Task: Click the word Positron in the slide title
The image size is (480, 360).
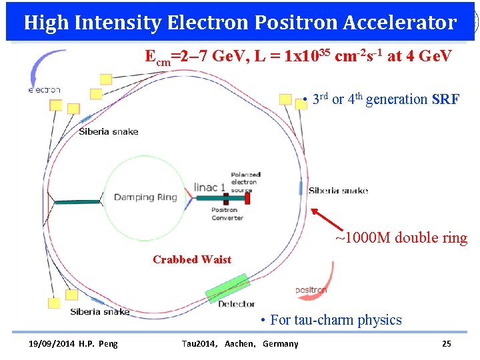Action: pyautogui.click(x=297, y=23)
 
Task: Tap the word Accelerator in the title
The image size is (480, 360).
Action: pyautogui.click(x=401, y=23)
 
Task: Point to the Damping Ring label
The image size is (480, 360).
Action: pyautogui.click(x=145, y=197)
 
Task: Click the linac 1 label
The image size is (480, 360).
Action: pyautogui.click(x=209, y=187)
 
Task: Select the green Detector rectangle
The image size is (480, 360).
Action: pyautogui.click(x=226, y=287)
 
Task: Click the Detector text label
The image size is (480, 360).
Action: pyautogui.click(x=237, y=304)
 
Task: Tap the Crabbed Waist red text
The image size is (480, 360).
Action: pyautogui.click(x=192, y=259)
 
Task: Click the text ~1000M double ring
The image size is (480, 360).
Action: pyautogui.click(x=401, y=238)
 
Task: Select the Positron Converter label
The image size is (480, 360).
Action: pyautogui.click(x=227, y=214)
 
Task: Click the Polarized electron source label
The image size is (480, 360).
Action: pyautogui.click(x=245, y=182)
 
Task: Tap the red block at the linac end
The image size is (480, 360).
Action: pyautogui.click(x=248, y=197)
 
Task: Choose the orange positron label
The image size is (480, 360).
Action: pyautogui.click(x=311, y=291)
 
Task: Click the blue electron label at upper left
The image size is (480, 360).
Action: pyautogui.click(x=44, y=90)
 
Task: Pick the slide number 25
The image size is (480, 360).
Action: pyautogui.click(x=447, y=344)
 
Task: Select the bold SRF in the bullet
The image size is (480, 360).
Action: pyautogui.click(x=445, y=100)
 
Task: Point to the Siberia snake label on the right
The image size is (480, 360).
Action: pyautogui.click(x=338, y=191)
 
